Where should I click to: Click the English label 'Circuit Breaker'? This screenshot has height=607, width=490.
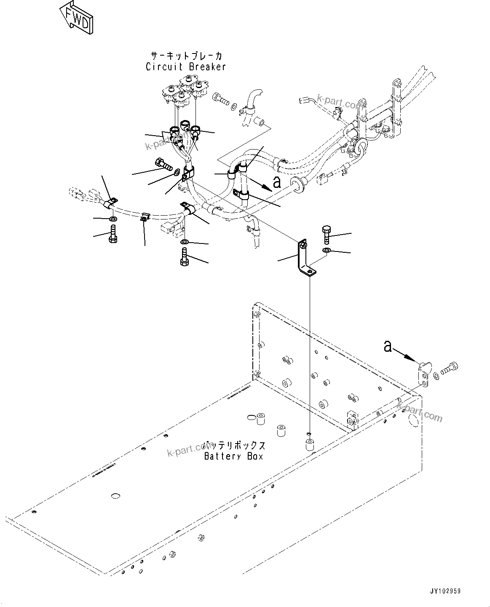coord(186,67)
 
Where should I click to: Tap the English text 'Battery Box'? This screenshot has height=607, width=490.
coord(233,456)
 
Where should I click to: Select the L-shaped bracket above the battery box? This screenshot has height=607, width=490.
coord(304,259)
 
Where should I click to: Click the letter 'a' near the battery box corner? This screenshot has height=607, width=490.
coord(388,346)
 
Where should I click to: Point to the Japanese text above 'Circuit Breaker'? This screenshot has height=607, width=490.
coord(186,56)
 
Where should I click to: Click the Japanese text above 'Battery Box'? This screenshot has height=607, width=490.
coord(234,445)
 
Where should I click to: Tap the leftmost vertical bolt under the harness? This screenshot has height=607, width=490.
coord(112,233)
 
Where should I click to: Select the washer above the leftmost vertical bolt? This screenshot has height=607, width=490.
coord(112,219)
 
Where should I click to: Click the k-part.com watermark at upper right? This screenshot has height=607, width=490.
coord(337,104)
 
